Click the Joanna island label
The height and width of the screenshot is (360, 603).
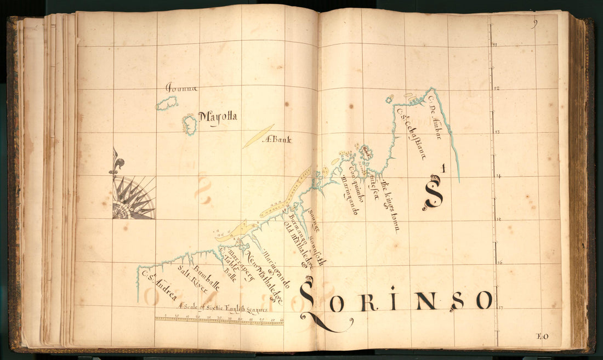coord(181,88)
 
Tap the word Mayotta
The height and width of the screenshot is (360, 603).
coord(218,117)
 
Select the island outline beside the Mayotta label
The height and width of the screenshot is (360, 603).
coord(190,124)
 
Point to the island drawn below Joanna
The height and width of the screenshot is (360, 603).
coord(167,103)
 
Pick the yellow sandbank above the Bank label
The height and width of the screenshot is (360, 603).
coord(258,135)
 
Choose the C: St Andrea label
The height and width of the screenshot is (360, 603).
coord(158,285)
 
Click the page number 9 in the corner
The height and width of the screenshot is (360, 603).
coord(534,23)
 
